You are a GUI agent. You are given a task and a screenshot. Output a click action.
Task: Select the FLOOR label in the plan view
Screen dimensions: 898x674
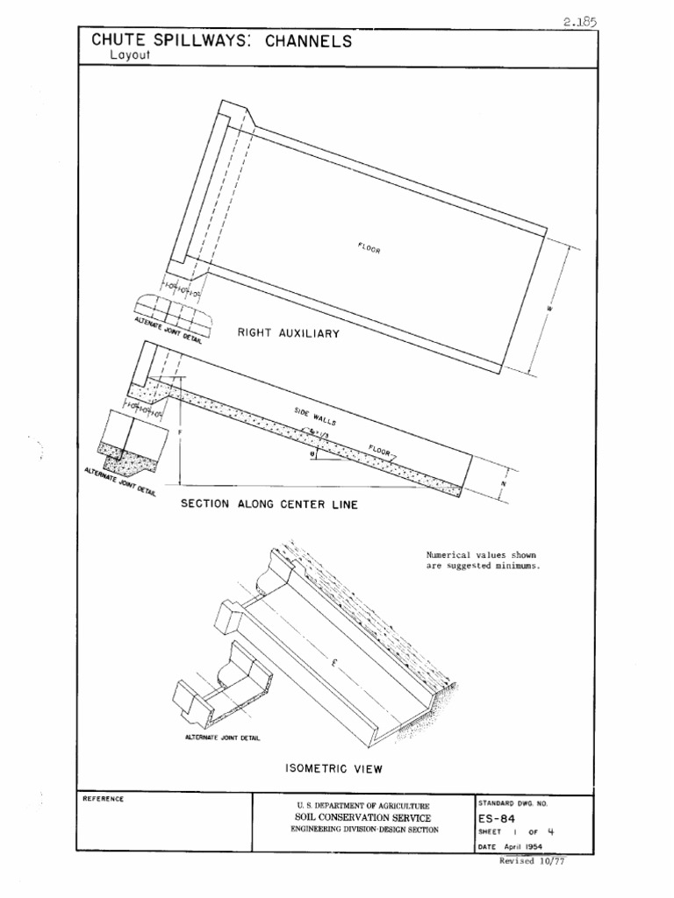(369, 248)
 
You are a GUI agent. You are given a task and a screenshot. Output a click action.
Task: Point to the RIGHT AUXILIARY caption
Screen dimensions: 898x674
(289, 333)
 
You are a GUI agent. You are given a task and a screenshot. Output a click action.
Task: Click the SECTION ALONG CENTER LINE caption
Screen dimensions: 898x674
(268, 504)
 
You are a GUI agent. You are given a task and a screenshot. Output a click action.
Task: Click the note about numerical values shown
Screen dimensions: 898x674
(482, 560)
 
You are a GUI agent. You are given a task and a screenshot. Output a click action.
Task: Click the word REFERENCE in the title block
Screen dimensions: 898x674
(104, 799)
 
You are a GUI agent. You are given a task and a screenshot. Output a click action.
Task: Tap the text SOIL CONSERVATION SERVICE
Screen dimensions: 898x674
(364, 816)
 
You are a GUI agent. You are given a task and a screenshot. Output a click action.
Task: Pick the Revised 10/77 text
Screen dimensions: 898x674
(530, 861)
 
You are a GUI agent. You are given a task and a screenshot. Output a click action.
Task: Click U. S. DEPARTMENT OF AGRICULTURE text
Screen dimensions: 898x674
(364, 803)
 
